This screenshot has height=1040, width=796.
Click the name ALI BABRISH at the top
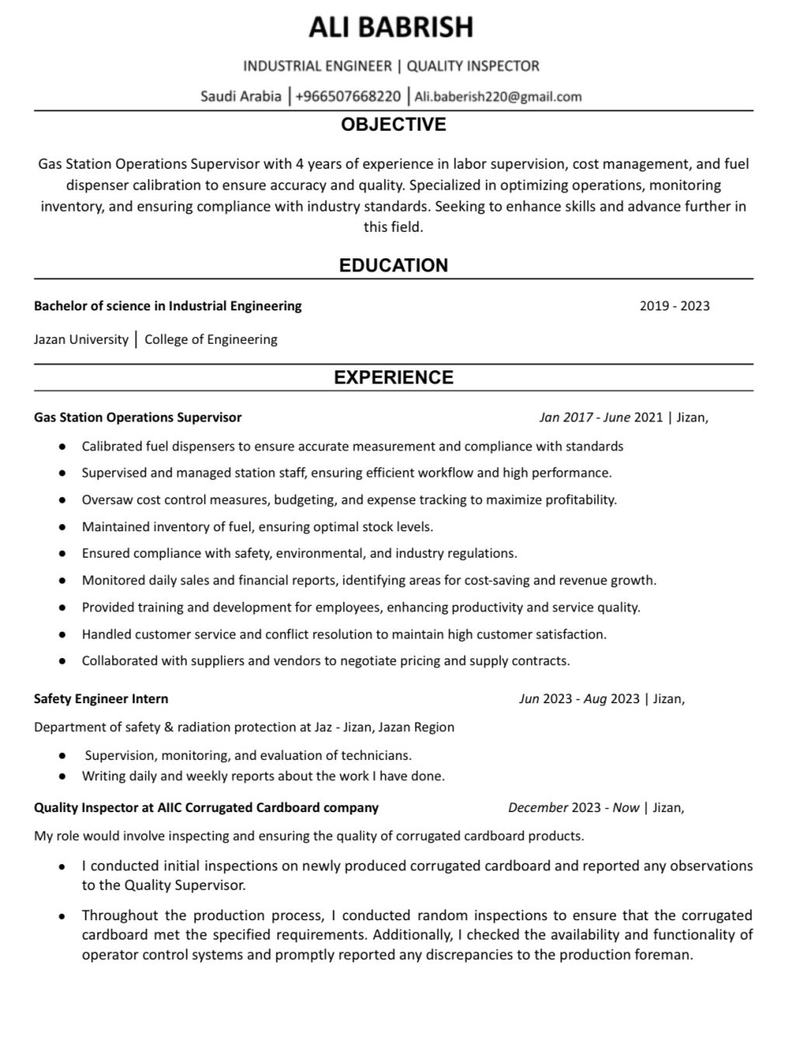tap(391, 27)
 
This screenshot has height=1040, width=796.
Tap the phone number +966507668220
tap(348, 96)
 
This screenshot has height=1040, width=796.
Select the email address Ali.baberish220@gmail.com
tap(497, 96)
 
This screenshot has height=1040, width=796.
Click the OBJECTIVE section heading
tap(393, 124)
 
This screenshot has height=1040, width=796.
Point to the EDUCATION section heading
tap(393, 265)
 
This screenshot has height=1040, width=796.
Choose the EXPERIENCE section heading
tap(393, 377)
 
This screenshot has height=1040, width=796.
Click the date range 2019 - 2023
tap(674, 306)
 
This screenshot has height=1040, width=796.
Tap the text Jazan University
tap(81, 339)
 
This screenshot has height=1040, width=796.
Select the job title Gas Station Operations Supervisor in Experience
tap(138, 418)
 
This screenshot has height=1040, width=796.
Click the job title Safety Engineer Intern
tap(101, 699)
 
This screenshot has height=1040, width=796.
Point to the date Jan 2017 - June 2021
tap(601, 418)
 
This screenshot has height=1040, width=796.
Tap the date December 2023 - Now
tap(573, 807)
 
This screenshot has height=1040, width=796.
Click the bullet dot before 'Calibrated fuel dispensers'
tap(61, 447)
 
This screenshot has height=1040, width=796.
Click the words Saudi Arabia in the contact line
tap(241, 96)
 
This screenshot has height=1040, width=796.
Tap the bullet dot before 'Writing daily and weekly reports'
tap(61, 776)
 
